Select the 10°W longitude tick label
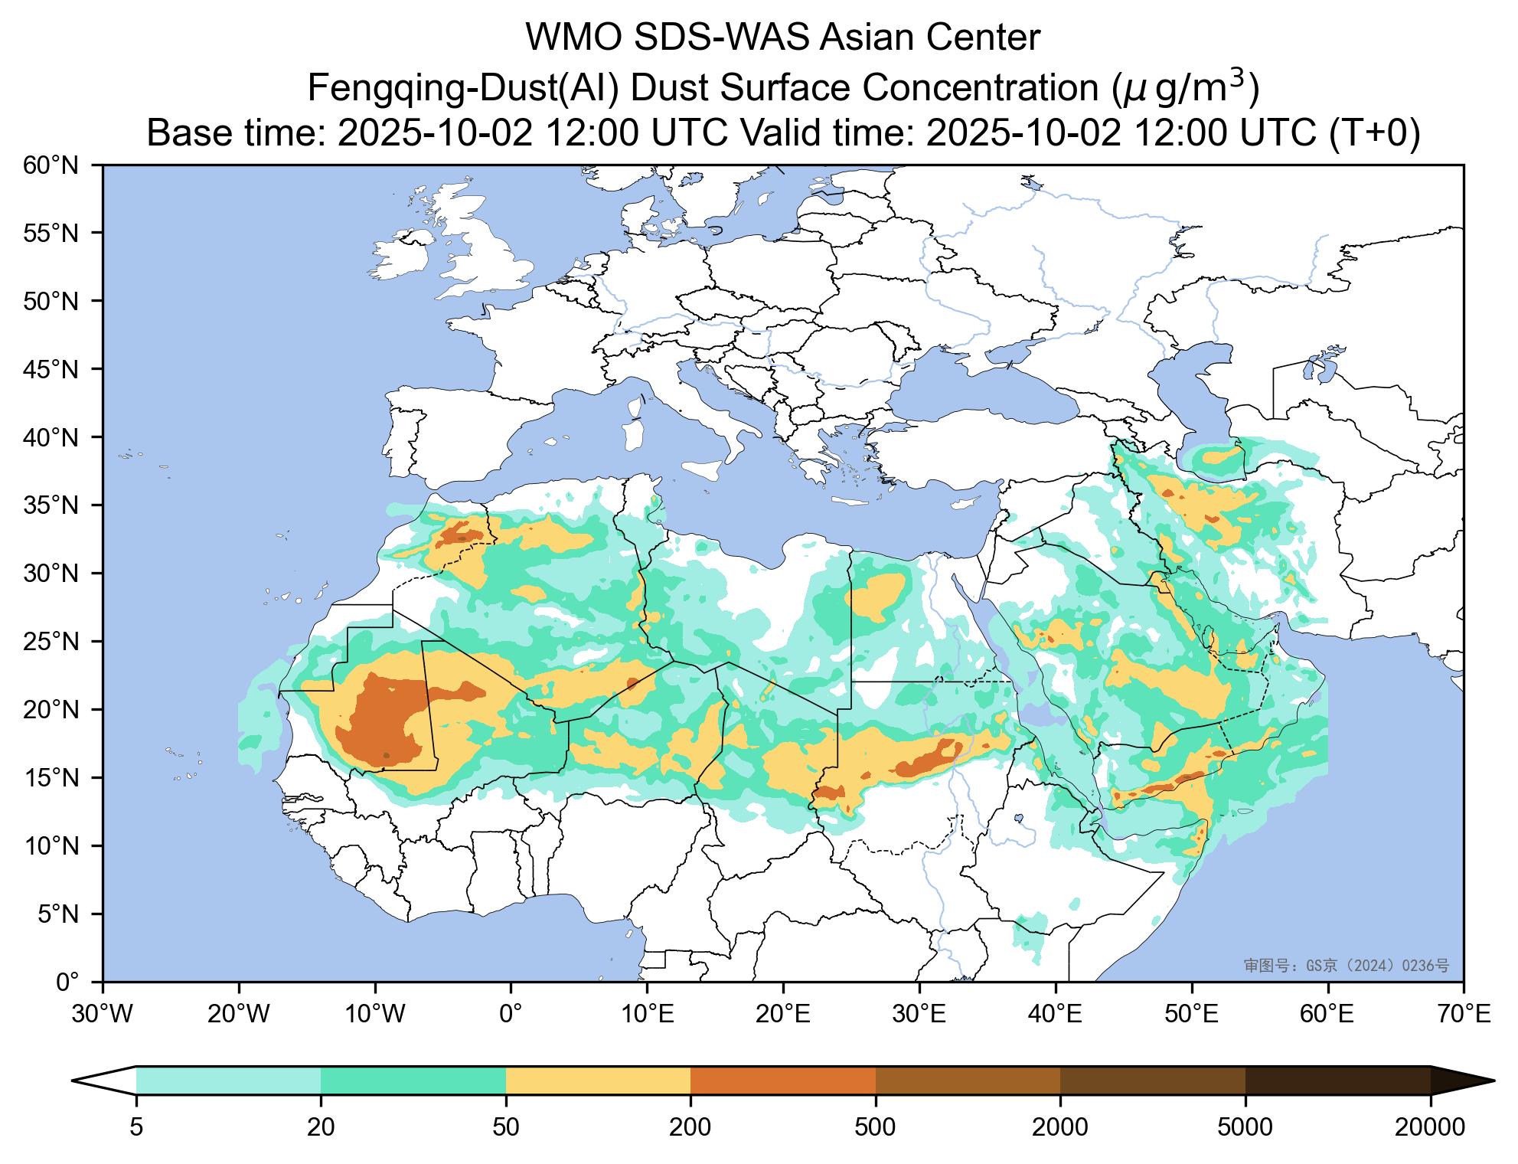pyautogui.click(x=375, y=1015)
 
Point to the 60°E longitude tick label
pyautogui.click(x=1328, y=1015)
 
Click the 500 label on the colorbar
pyautogui.click(x=876, y=1127)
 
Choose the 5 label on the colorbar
pyautogui.click(x=136, y=1127)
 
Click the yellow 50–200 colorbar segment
pyautogui.click(x=598, y=1081)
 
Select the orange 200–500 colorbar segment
pyautogui.click(x=783, y=1081)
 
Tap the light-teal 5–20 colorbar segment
pyautogui.click(x=228, y=1081)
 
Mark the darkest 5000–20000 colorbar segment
pyautogui.click(x=1338, y=1081)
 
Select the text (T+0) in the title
pyautogui.click(x=1374, y=133)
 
